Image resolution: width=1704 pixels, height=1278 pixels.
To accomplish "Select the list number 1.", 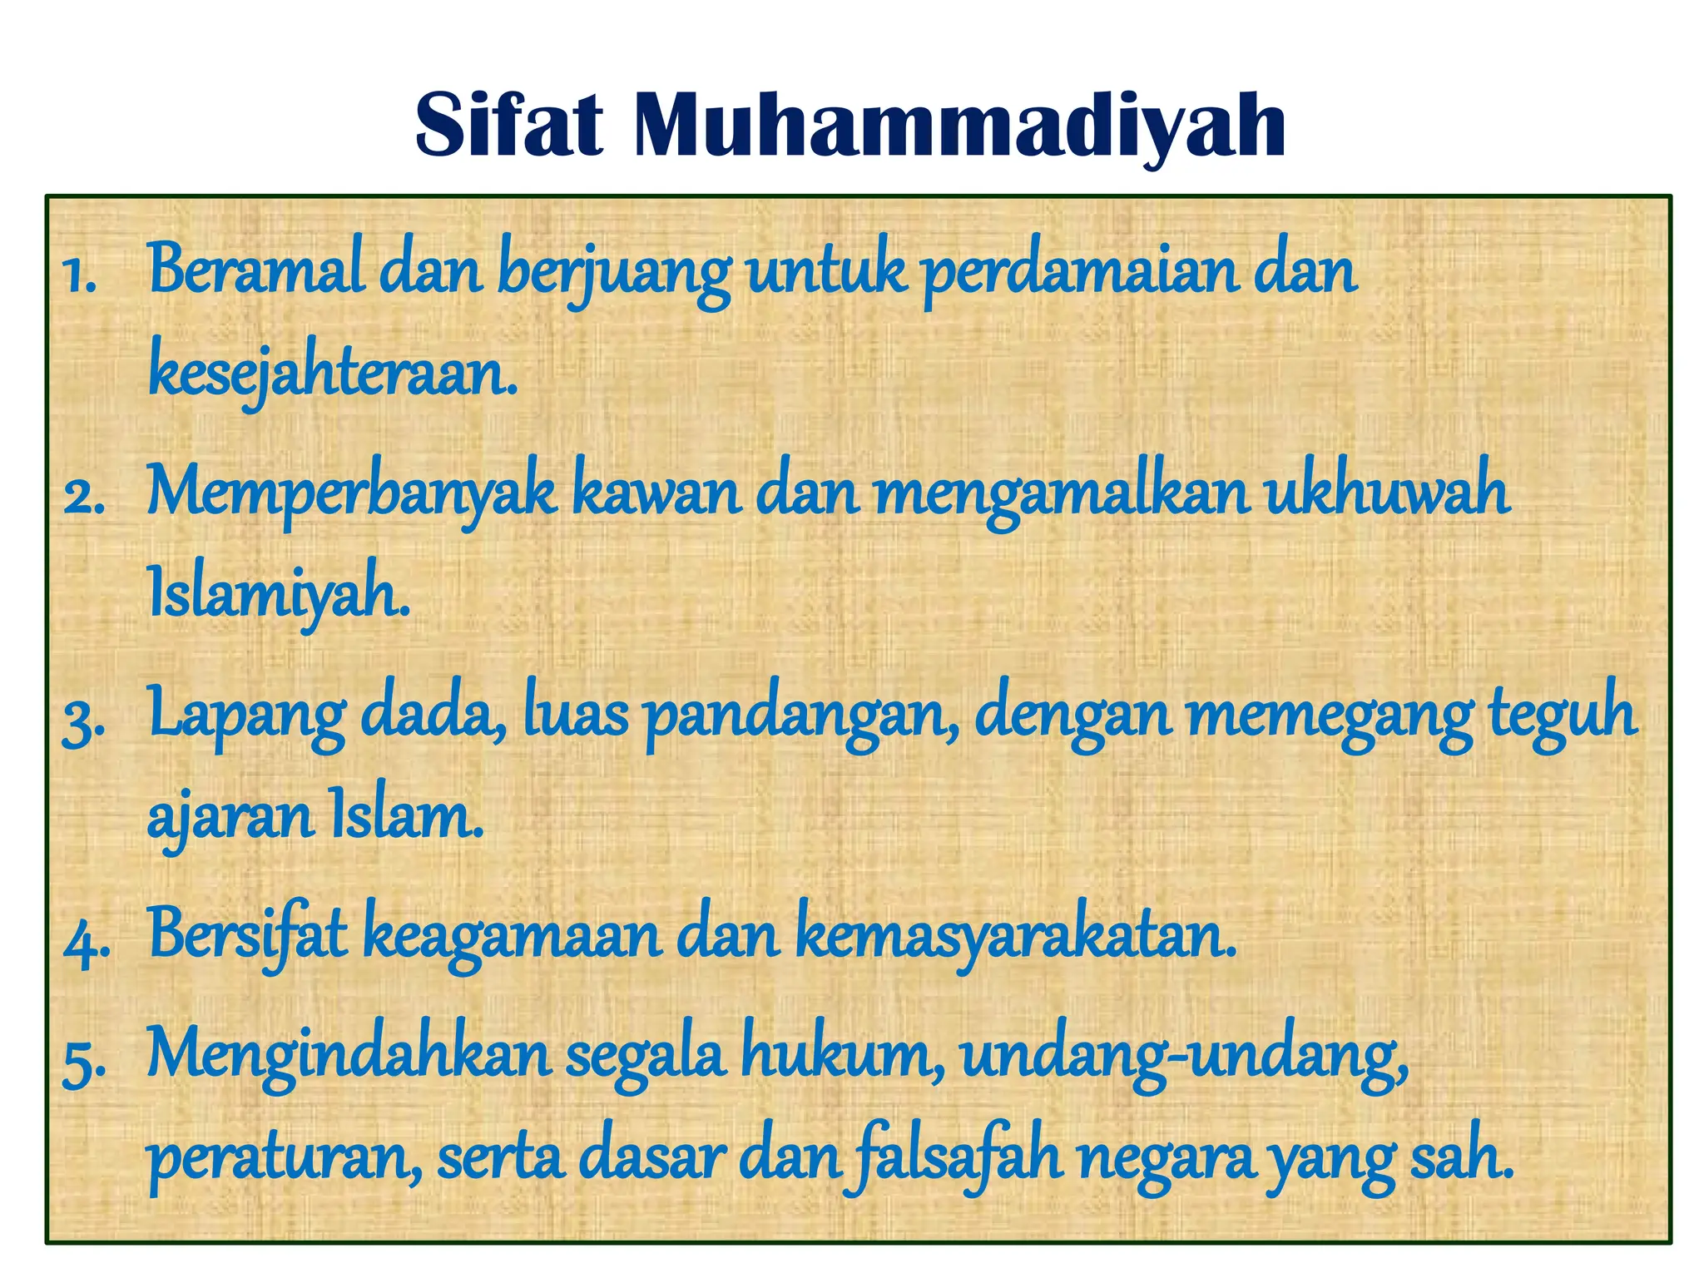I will coord(80,276).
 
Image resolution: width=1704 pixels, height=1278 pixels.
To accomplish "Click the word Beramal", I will coord(256,270).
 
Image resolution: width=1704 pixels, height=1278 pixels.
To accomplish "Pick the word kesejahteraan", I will coord(333,374).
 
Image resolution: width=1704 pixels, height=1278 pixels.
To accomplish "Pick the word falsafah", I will coord(952,1160).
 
